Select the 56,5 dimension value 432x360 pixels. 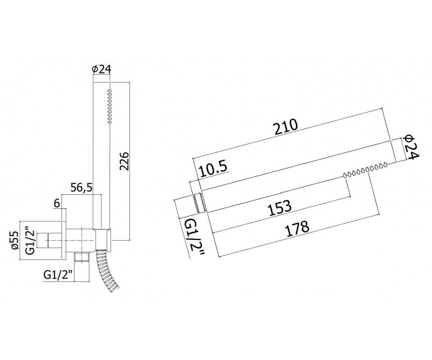tap(81, 188)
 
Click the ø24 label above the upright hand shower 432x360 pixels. tap(102, 69)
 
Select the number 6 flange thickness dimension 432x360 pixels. tap(57, 203)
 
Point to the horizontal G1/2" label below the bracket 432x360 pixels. tap(58, 275)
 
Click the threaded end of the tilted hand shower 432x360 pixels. tap(198, 203)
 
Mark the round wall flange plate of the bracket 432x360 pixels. tap(64, 240)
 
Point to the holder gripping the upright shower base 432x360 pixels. tap(103, 240)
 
